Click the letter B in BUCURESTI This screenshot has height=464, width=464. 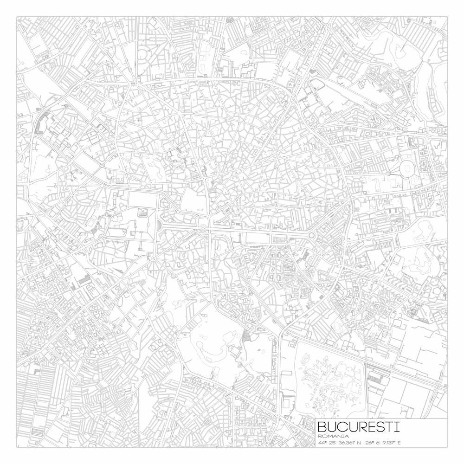323,426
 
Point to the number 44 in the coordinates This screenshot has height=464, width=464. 321,443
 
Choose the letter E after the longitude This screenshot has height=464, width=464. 399,443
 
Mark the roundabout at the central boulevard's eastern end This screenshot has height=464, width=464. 311,236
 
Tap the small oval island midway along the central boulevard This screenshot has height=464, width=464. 203,228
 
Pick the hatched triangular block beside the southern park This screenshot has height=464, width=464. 246,336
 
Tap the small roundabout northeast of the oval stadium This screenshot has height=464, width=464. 427,140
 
